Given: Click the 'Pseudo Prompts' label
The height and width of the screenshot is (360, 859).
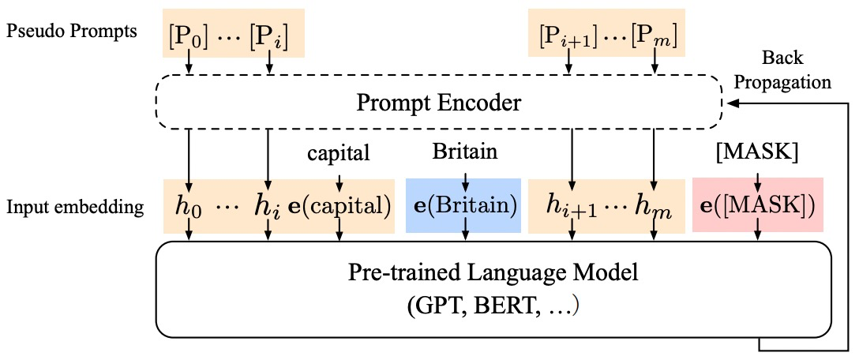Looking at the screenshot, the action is tap(71, 32).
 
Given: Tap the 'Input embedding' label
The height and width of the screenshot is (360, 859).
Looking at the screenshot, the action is tap(74, 207).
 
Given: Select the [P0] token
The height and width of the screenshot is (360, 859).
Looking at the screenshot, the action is tap(189, 37).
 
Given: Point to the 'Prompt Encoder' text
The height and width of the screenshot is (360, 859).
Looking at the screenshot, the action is tap(437, 102).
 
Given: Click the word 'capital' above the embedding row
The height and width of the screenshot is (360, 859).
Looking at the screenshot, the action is tap(339, 154).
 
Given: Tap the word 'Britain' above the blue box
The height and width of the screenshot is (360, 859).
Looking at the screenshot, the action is tap(466, 152).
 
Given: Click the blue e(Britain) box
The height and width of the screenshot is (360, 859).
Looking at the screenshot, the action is tap(463, 206).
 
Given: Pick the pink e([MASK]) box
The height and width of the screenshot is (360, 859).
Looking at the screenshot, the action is tap(758, 205).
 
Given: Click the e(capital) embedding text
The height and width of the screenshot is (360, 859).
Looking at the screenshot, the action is tap(339, 207).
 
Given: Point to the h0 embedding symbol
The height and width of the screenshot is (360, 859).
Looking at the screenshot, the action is tap(189, 207).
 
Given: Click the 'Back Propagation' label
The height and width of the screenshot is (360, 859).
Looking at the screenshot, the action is tap(782, 69).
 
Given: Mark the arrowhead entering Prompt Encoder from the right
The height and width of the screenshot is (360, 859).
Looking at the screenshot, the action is tap(730, 103).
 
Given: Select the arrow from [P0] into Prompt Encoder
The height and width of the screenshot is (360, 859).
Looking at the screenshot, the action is tap(189, 62).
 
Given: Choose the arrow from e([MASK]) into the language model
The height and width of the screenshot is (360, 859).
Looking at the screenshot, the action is tap(758, 230).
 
